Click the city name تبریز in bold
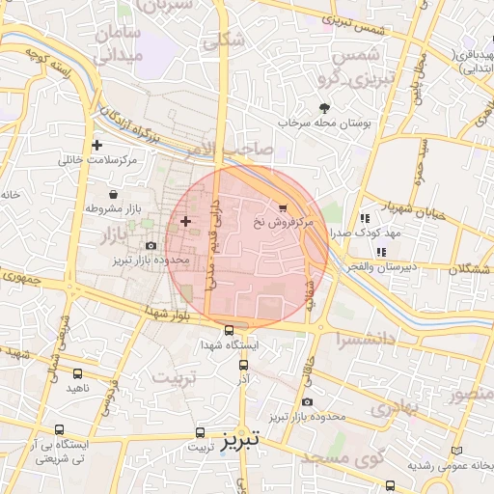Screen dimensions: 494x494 click(x=236, y=442)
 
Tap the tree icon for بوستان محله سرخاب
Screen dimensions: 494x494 click(x=323, y=108)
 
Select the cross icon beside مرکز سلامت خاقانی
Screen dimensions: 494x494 click(x=96, y=146)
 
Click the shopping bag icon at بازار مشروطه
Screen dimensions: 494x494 click(x=114, y=195)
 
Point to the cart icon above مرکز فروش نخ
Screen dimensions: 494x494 click(x=282, y=207)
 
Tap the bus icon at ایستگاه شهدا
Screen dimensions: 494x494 click(x=228, y=330)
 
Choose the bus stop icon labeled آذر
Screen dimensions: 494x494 click(x=243, y=365)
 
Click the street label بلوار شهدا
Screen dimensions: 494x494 click(x=153, y=311)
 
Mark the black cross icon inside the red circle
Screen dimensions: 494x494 click(x=185, y=222)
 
